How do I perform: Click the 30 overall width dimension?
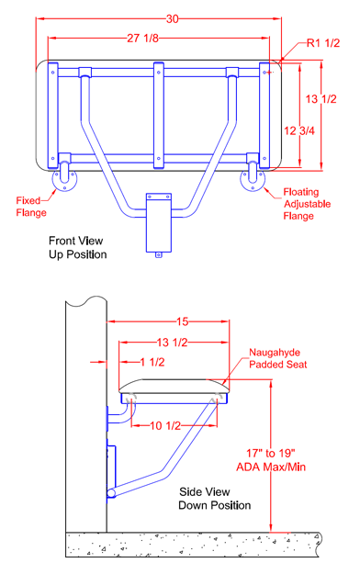172,18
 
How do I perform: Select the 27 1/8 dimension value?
143,38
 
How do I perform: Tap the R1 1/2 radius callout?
323,43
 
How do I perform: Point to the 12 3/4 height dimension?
299,130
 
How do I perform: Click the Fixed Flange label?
31,207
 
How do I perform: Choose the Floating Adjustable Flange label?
307,204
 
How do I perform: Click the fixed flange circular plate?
64,179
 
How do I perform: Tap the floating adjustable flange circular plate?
253,179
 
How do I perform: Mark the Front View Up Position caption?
78,247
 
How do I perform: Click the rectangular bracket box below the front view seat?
159,223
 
